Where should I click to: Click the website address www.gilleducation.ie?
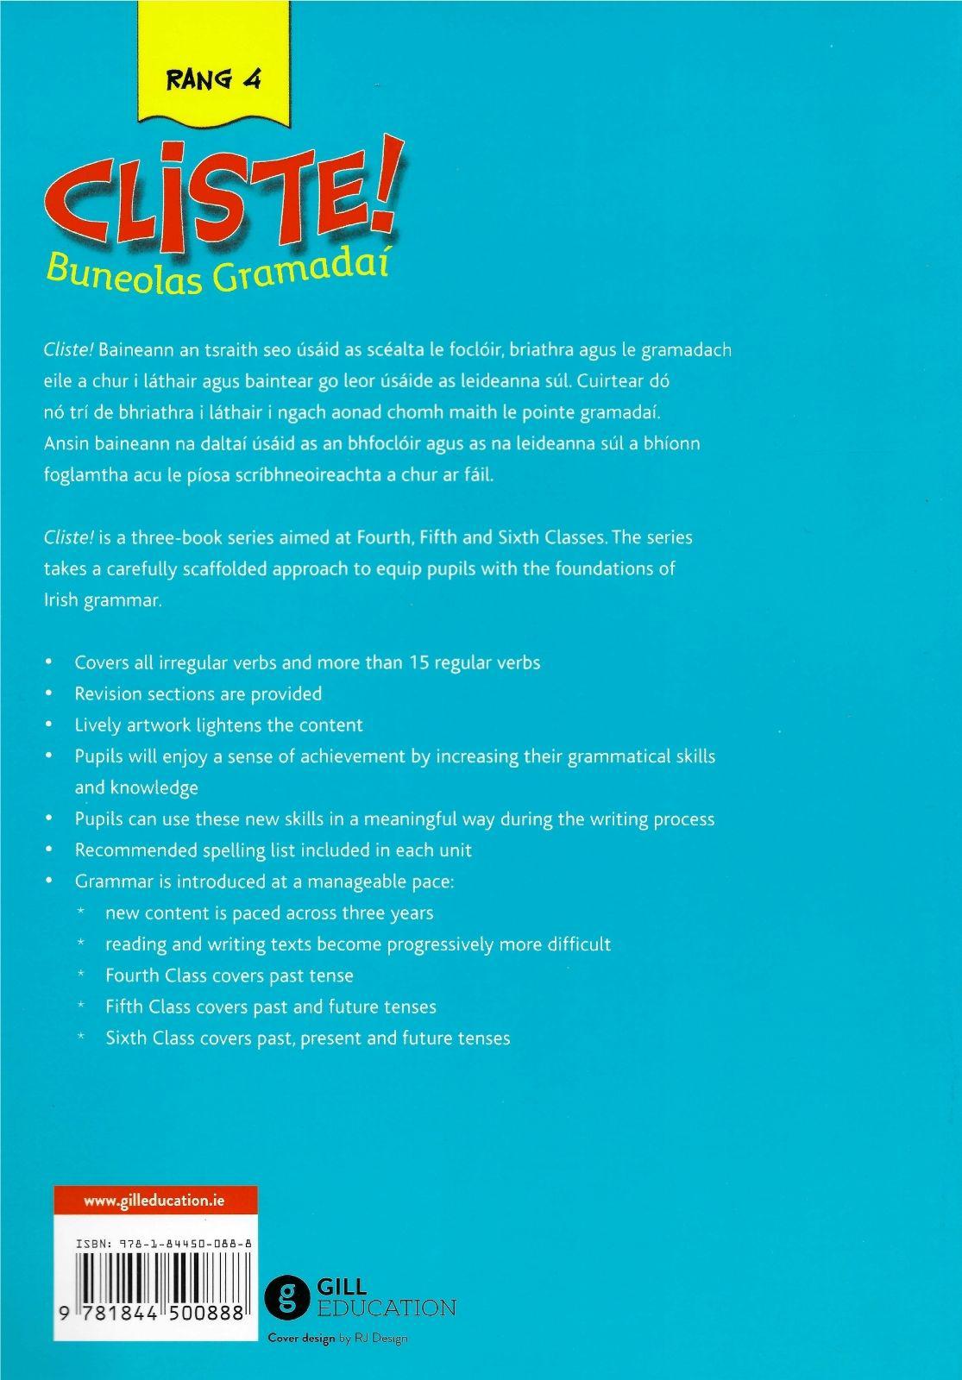154,1200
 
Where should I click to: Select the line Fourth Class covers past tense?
229,975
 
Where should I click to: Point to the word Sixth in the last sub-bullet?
127,1038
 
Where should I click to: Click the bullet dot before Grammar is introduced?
51,881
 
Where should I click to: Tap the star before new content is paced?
80,913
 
